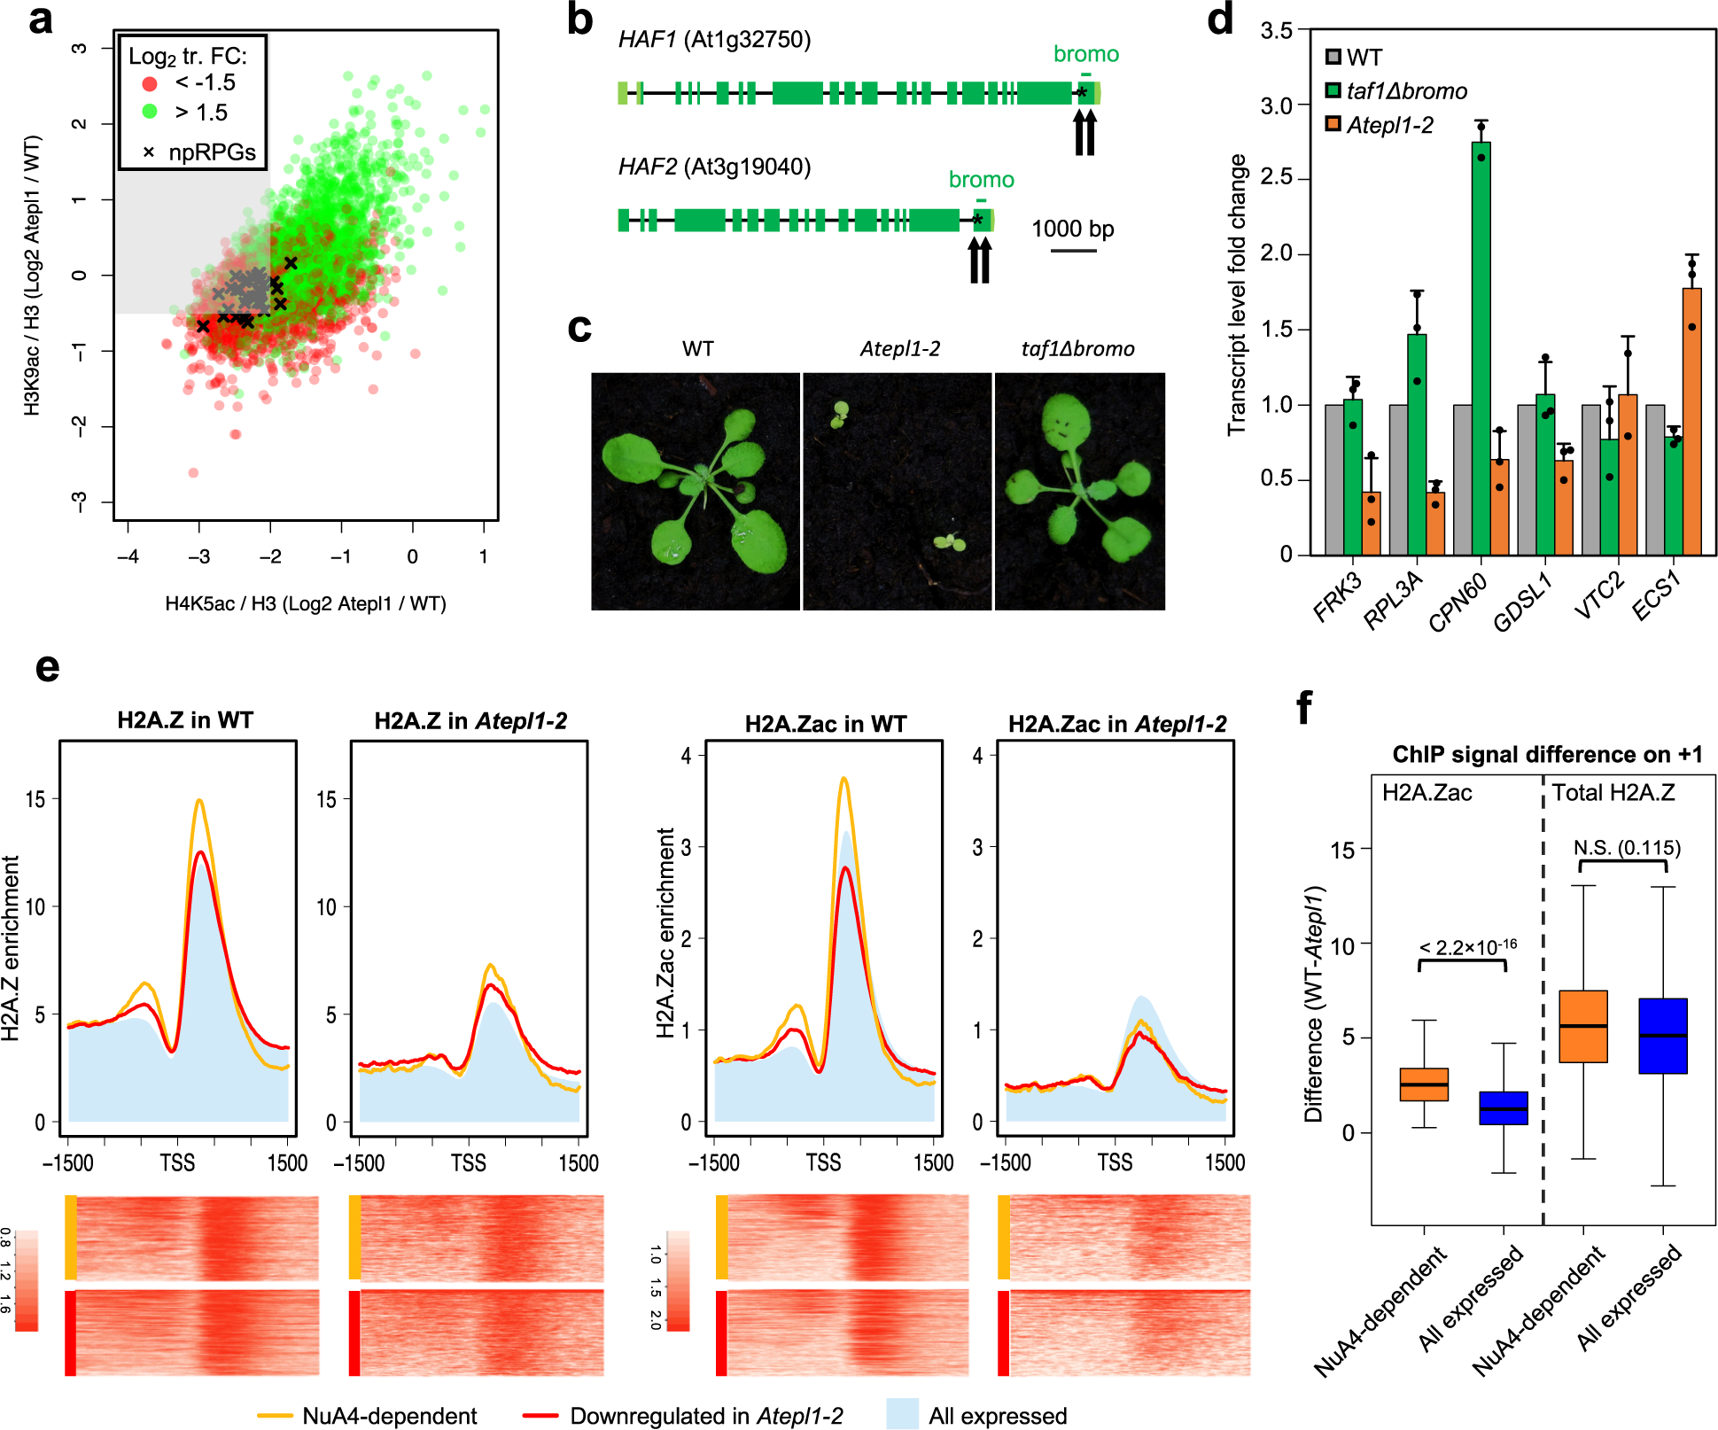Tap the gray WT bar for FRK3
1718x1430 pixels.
1333,480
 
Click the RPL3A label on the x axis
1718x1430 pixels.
1393,601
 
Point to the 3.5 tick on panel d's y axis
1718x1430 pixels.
1277,30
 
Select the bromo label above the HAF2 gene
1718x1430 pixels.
981,180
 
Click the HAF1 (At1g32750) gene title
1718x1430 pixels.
714,40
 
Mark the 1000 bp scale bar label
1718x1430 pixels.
1072,229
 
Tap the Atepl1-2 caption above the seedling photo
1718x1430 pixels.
899,349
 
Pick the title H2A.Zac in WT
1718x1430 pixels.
825,724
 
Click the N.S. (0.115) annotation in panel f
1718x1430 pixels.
1627,848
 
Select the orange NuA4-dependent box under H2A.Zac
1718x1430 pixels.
1424,1084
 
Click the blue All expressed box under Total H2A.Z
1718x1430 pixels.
1662,1036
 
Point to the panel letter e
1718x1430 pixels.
47,666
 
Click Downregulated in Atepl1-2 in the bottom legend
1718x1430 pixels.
705,1416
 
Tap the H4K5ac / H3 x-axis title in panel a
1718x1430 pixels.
306,604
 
